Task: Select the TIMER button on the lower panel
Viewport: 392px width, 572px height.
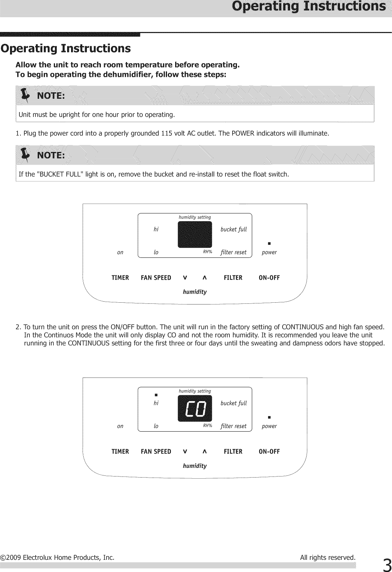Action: (x=120, y=451)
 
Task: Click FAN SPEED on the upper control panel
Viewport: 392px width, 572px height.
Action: (x=156, y=278)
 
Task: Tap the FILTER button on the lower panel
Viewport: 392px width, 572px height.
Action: (x=233, y=451)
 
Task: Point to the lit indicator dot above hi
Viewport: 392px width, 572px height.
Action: (x=156, y=395)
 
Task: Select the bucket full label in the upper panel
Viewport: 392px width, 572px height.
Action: (x=234, y=229)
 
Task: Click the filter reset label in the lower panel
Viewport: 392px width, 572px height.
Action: (x=234, y=426)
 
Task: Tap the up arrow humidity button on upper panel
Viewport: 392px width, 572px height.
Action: (x=204, y=278)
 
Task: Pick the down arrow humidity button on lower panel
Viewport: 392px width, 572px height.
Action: (x=185, y=451)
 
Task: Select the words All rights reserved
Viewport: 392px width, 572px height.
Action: (x=327, y=557)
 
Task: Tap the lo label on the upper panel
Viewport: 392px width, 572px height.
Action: (x=156, y=252)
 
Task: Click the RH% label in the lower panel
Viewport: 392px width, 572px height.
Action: (x=207, y=425)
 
